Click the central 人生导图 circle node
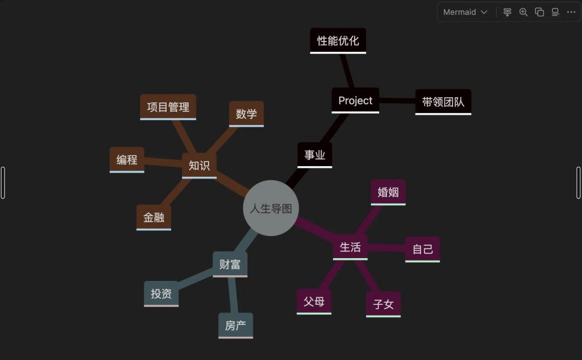point(271,208)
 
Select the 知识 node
point(199,165)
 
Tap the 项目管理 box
point(168,107)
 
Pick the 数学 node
point(247,114)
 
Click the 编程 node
point(127,160)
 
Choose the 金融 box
point(153,218)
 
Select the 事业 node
point(315,155)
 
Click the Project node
point(355,100)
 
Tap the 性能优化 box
point(338,41)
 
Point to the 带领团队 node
point(443,102)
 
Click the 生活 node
point(350,247)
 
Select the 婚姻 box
point(388,192)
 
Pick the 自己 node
point(422,249)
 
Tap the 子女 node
point(384,305)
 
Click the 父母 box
point(314,301)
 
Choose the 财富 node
point(230,264)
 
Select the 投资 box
point(161,294)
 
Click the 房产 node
point(236,326)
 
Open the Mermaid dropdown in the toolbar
point(465,13)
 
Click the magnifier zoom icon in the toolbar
point(523,13)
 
